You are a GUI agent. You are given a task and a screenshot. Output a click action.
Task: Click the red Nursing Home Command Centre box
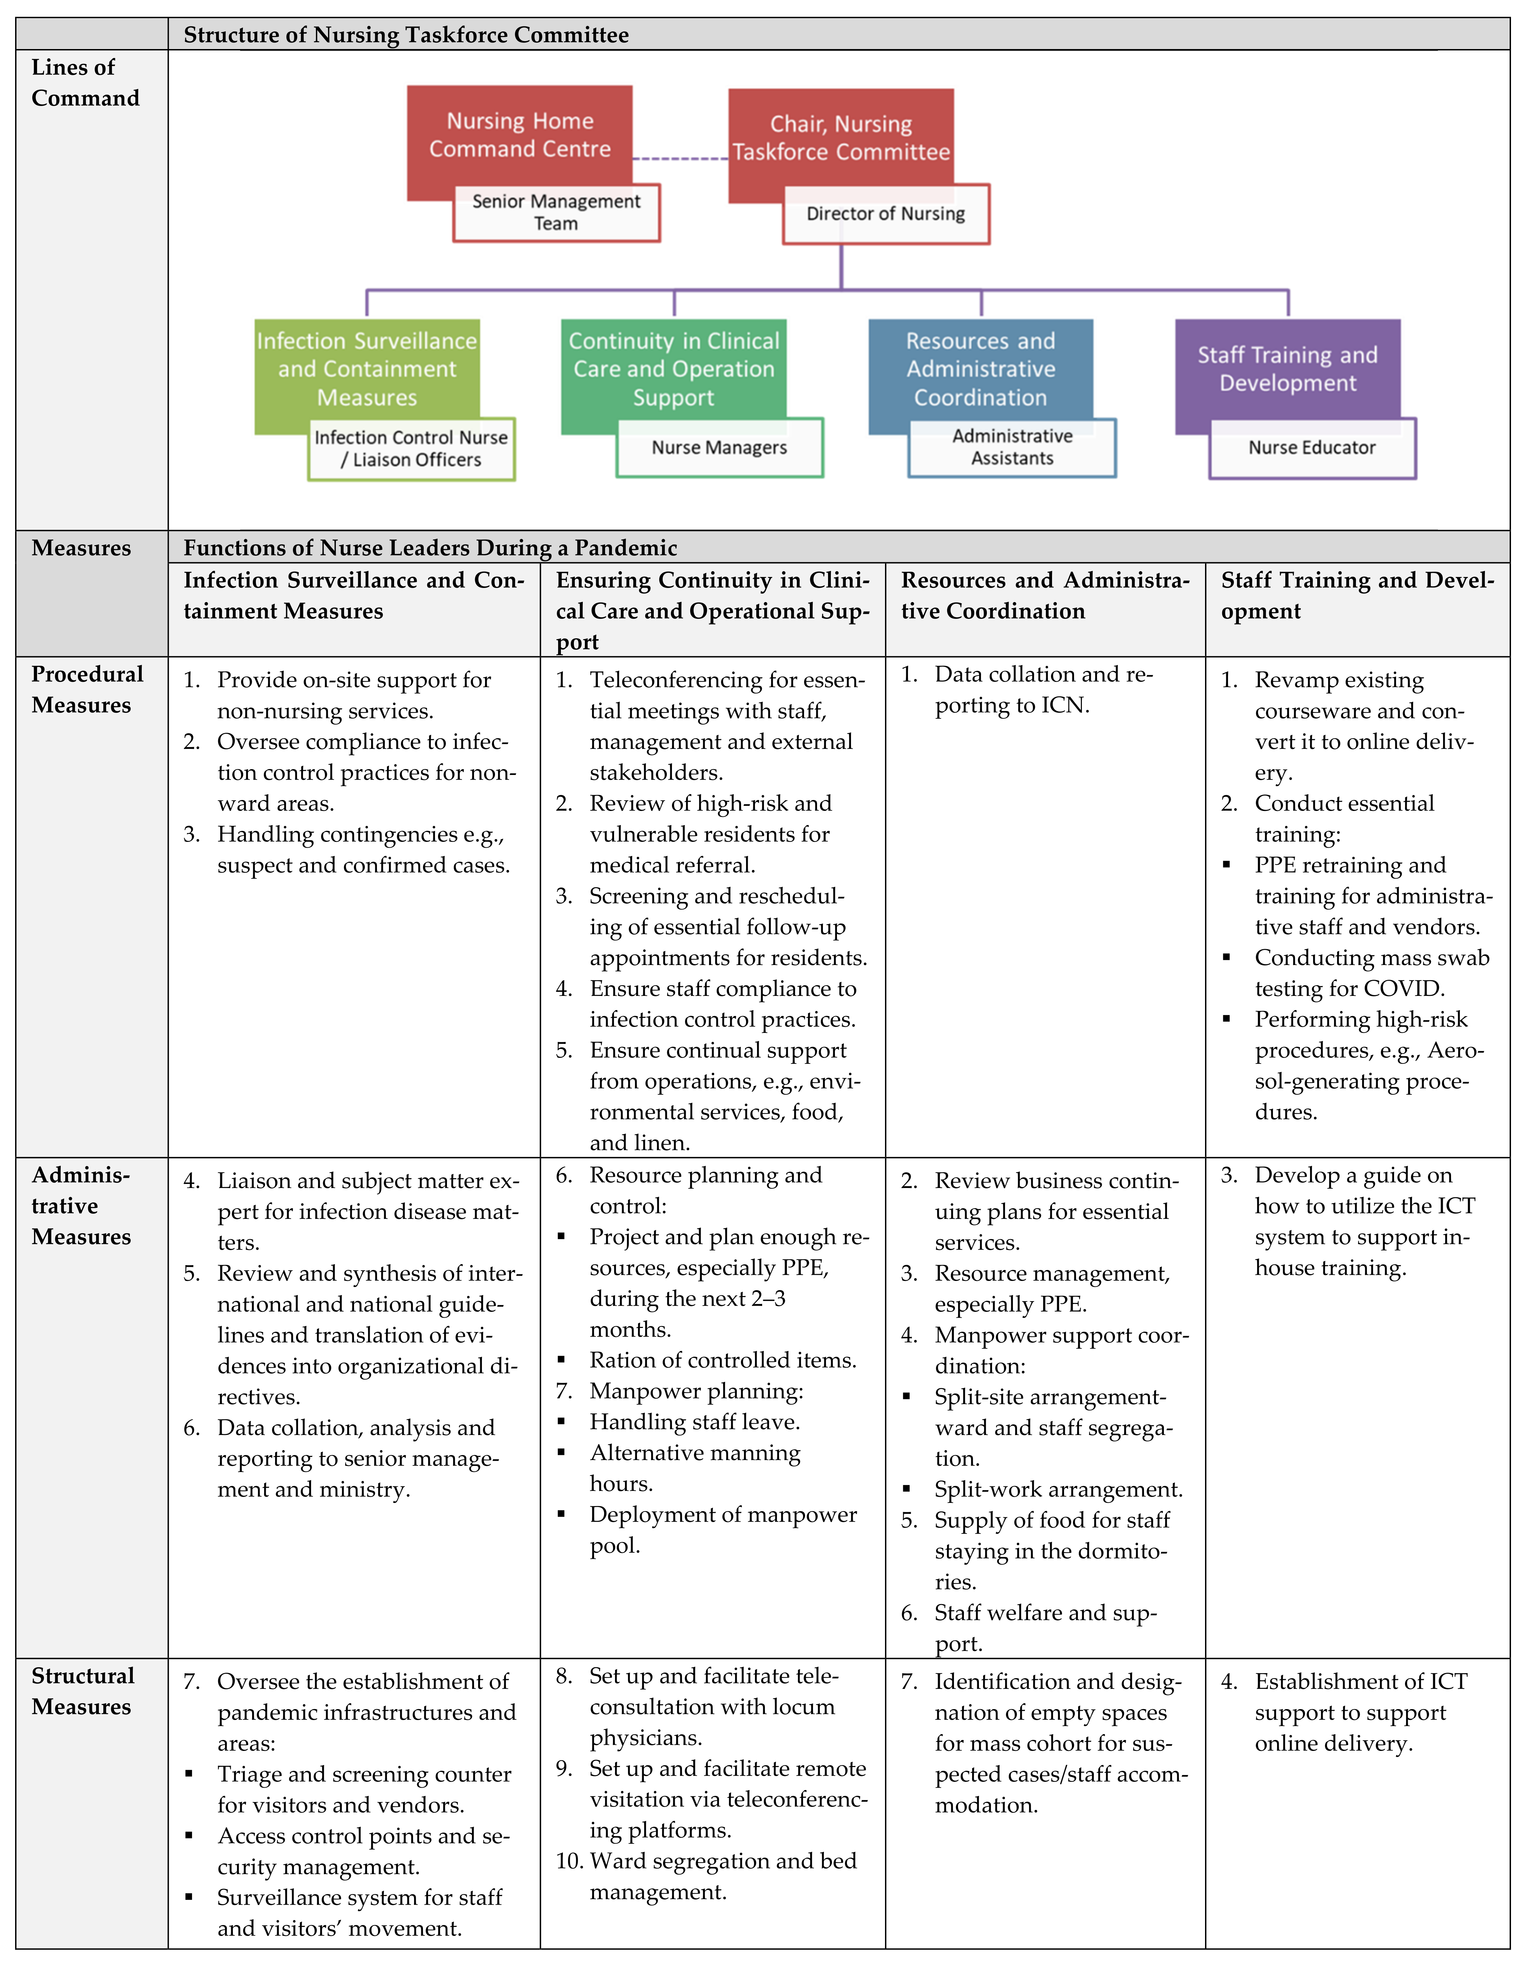[519, 135]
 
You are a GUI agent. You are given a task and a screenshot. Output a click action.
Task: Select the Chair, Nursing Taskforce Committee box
[840, 138]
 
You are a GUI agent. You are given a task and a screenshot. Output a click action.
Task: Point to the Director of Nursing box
[885, 214]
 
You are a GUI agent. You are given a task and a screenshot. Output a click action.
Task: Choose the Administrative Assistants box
[1012, 447]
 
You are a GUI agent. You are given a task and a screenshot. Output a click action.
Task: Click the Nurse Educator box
[1312, 448]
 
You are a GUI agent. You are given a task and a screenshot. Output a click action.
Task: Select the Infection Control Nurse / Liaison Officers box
[411, 449]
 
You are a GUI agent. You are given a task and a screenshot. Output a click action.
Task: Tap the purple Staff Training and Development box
[1287, 369]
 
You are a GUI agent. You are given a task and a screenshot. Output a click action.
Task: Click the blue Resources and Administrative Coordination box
[981, 369]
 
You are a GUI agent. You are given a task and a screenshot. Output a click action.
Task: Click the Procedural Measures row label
[87, 690]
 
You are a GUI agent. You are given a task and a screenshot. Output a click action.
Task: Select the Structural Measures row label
[83, 1692]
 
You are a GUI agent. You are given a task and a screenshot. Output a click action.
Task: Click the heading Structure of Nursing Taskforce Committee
[406, 35]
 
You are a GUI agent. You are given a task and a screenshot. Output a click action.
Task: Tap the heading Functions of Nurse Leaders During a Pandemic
[430, 548]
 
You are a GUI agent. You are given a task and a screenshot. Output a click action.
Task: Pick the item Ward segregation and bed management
[722, 1876]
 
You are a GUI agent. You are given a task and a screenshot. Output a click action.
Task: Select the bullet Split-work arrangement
[1058, 1490]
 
